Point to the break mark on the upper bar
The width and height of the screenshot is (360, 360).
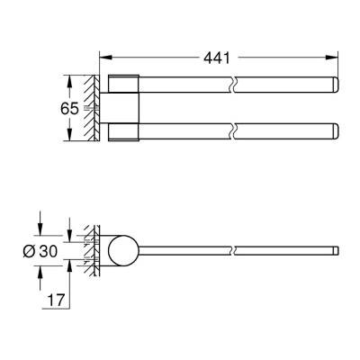233,86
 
